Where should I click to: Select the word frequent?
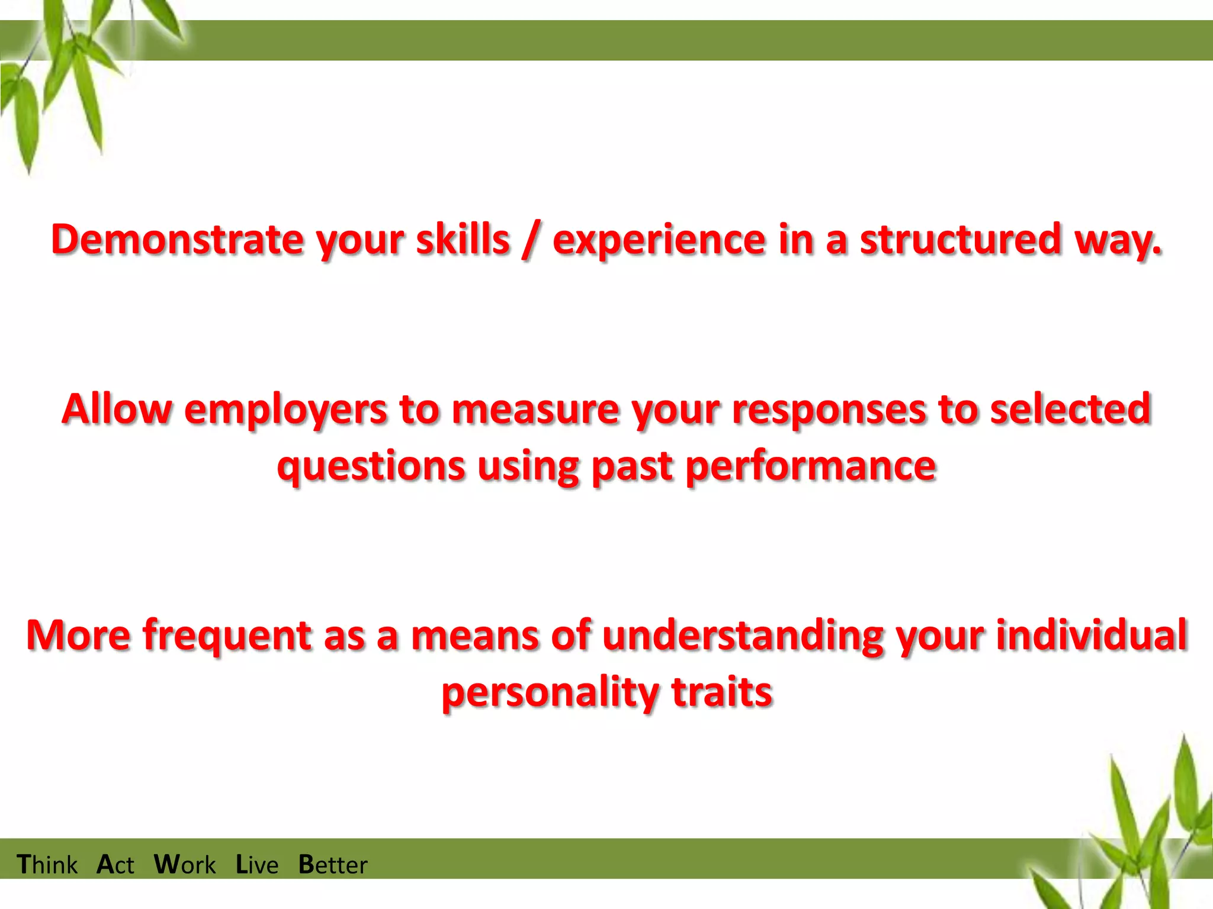coord(227,636)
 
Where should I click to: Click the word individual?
coord(1092,634)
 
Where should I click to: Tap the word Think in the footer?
coord(47,865)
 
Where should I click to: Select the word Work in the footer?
coord(185,865)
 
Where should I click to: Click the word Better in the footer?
coord(333,865)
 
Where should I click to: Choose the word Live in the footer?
coord(257,865)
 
